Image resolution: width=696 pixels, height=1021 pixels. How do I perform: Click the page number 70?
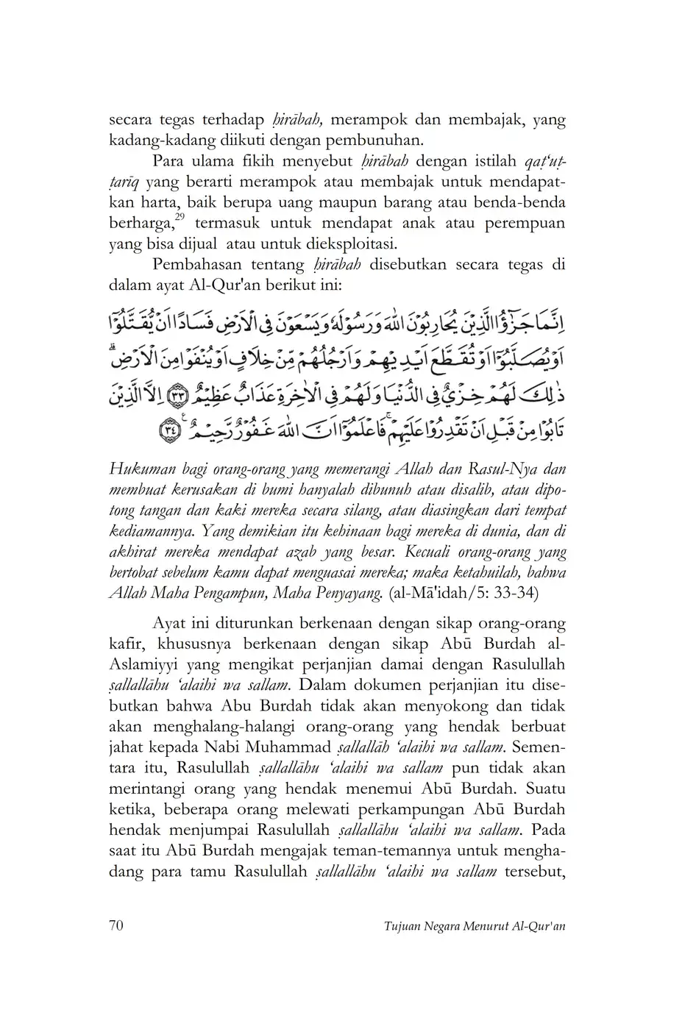[x=116, y=925]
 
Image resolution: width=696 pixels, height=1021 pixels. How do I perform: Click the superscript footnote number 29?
[x=180, y=218]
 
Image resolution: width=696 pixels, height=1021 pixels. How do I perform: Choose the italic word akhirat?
[x=130, y=552]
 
